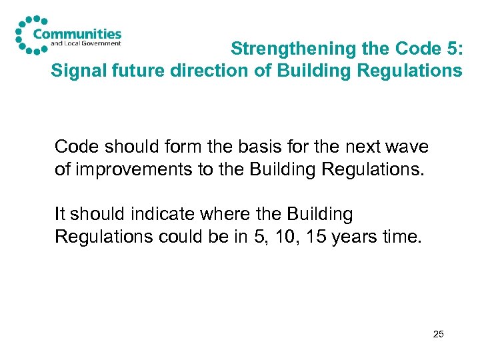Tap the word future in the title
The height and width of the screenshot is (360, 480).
[x=129, y=70]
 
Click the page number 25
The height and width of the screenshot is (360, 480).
[x=438, y=333]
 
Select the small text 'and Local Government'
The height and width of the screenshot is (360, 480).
[x=86, y=44]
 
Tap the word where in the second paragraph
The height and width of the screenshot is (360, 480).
[x=223, y=215]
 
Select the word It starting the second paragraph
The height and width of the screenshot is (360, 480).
[x=61, y=215]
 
